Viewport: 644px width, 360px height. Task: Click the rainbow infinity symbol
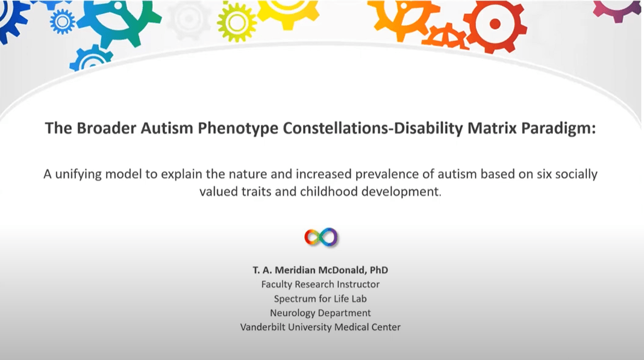(320, 237)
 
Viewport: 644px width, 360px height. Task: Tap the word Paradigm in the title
(558, 128)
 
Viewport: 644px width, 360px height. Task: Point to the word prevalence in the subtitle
(386, 175)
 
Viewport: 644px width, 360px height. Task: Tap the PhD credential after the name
(379, 270)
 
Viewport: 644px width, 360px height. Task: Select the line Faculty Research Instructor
(320, 284)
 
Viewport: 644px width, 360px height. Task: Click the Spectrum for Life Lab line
(320, 299)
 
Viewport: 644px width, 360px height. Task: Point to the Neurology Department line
(320, 313)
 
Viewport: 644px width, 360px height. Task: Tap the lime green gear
(236, 22)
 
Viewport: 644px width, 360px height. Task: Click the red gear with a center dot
(495, 25)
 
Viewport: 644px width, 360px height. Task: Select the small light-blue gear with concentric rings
(63, 21)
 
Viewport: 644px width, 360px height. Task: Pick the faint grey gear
(189, 19)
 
